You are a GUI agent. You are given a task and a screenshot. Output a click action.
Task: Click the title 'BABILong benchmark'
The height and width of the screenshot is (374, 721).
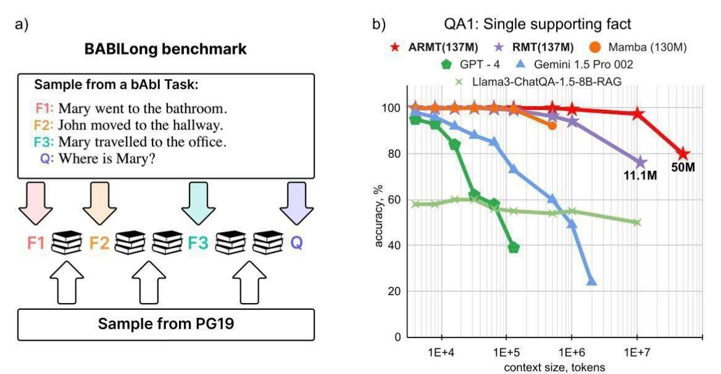(165, 50)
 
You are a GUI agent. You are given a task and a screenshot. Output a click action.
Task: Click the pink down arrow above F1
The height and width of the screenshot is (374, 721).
(35, 204)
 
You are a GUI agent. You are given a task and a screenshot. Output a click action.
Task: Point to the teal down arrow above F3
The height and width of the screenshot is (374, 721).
(198, 204)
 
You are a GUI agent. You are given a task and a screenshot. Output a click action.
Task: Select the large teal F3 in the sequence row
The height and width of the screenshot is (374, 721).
(198, 243)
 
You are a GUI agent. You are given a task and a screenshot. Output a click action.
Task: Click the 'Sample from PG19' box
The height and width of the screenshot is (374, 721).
(165, 323)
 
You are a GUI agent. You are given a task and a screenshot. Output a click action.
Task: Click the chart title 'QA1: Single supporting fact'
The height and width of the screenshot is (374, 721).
(537, 25)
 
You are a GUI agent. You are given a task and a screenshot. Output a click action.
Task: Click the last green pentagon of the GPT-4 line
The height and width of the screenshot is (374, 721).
(513, 247)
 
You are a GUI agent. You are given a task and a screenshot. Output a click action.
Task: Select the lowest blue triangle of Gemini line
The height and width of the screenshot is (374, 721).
(591, 281)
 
